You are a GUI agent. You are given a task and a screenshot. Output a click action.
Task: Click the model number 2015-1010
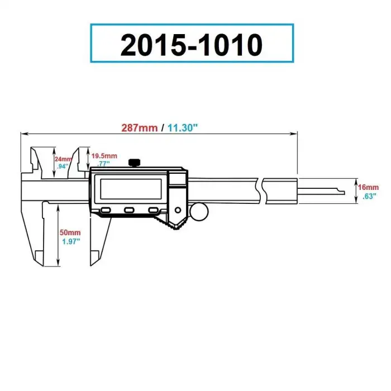click(192, 44)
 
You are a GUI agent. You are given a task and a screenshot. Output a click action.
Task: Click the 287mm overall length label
click(140, 127)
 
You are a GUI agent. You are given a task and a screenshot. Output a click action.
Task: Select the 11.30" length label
click(182, 127)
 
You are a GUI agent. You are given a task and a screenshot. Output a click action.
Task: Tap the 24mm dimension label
click(63, 159)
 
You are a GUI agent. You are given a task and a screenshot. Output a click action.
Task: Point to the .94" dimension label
click(62, 166)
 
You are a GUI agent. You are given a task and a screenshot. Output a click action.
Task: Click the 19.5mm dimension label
click(104, 155)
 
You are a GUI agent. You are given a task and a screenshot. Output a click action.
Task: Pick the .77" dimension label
click(102, 164)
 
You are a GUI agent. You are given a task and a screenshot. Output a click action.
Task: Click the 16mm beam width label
click(370, 187)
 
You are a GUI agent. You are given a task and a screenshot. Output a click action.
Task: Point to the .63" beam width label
click(369, 196)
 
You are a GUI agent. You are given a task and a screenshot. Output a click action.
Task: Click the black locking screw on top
click(134, 163)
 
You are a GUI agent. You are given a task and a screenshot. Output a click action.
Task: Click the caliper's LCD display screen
click(130, 189)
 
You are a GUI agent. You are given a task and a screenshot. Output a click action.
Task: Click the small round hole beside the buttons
click(178, 211)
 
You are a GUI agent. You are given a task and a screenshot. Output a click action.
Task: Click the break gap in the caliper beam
click(260, 192)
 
